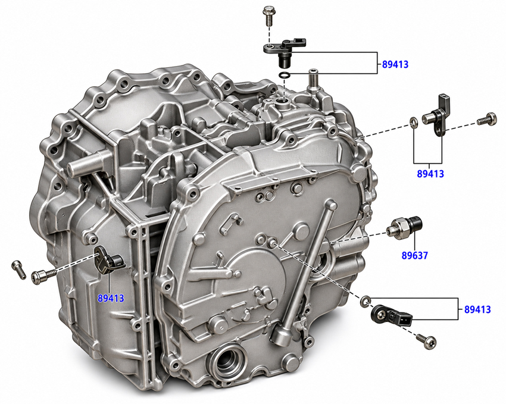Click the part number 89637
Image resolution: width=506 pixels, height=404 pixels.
[414, 256]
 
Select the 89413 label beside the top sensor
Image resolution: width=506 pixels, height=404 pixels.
[395, 64]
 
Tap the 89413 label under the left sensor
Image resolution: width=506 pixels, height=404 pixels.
[111, 298]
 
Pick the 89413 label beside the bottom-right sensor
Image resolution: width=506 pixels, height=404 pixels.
[477, 309]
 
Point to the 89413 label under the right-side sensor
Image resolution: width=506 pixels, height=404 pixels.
[430, 174]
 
